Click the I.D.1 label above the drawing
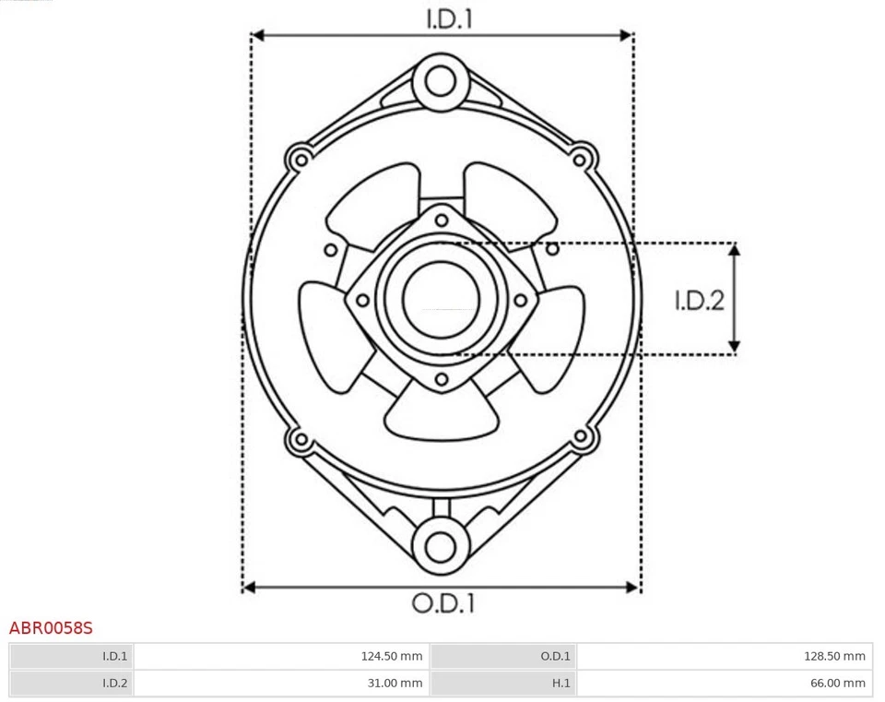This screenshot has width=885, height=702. click(x=449, y=18)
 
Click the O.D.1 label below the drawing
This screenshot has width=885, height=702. click(x=442, y=604)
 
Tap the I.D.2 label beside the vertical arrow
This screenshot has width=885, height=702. click(x=699, y=300)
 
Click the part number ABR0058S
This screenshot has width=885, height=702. click(x=51, y=628)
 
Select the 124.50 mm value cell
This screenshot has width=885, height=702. click(x=281, y=657)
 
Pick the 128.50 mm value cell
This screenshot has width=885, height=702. click(x=724, y=657)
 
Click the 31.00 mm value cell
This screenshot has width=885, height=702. click(x=281, y=684)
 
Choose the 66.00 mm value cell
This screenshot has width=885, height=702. click(x=724, y=684)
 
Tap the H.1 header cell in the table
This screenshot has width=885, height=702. click(x=503, y=684)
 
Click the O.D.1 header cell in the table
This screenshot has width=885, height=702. click(x=503, y=657)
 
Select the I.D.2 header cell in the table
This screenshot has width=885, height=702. click(x=71, y=684)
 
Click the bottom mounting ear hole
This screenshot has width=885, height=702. click(x=441, y=543)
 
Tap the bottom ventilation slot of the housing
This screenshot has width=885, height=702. click(x=439, y=415)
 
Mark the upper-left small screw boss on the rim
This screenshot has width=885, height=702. click(x=299, y=158)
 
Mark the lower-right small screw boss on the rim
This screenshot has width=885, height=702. click(x=582, y=438)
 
